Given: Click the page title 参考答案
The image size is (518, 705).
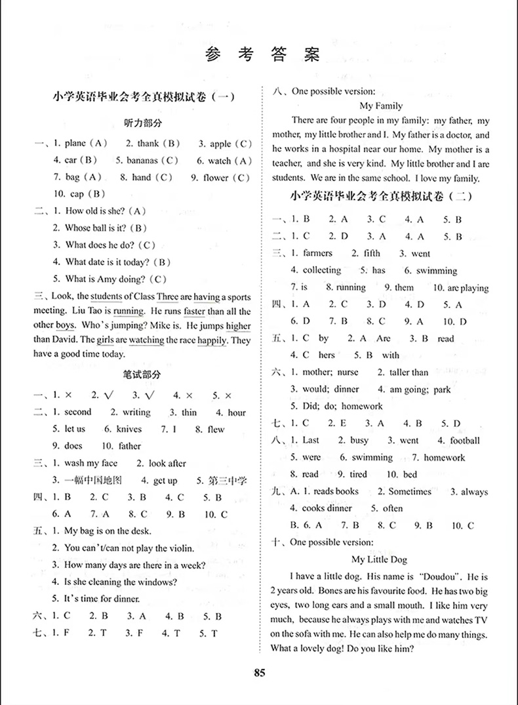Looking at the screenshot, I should coord(262,55).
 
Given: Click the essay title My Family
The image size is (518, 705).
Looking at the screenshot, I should coord(382,105).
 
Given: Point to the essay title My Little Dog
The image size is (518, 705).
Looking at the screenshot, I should coord(379,559).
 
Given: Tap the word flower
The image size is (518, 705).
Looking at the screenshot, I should coord(216,178).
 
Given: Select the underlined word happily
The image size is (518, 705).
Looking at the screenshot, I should coord(210,340).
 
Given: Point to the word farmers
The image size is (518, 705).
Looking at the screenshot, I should coord(317,253).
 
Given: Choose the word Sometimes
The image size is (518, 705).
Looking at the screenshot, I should coord(410,491).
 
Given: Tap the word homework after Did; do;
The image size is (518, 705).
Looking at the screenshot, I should coord(362,407).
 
